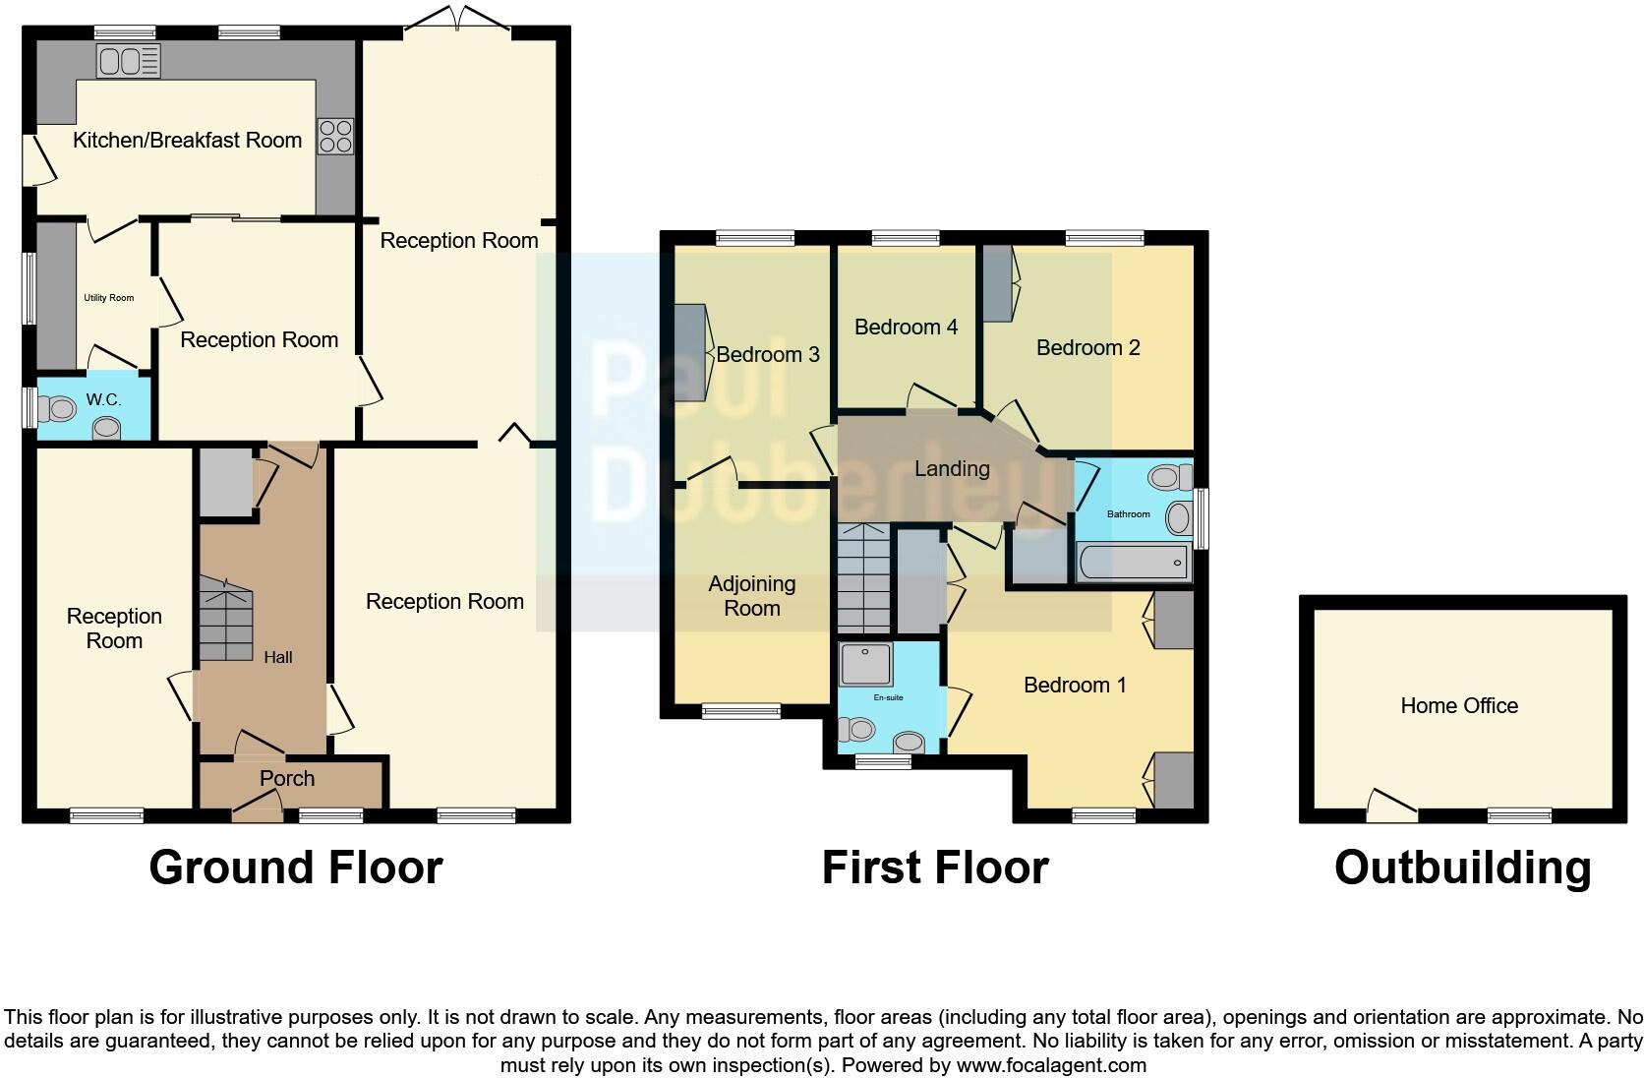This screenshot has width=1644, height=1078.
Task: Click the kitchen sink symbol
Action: (x=128, y=61)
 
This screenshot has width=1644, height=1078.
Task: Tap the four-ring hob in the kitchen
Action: (x=335, y=136)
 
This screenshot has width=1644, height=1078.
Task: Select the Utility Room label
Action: (x=108, y=298)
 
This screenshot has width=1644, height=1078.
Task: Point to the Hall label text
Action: (x=277, y=657)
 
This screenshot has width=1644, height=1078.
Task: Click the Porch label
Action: (x=287, y=778)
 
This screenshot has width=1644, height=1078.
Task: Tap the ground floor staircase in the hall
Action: (x=226, y=620)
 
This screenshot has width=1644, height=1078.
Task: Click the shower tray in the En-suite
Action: (x=866, y=664)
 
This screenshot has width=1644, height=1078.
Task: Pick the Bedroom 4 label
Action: (x=906, y=327)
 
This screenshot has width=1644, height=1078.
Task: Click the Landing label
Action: (x=951, y=468)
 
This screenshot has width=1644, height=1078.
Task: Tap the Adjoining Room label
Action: (x=752, y=596)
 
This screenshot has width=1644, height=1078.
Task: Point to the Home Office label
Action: (x=1458, y=705)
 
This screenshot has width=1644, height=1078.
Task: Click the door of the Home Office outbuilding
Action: (x=1390, y=806)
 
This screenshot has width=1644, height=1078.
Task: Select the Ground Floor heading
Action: (x=295, y=868)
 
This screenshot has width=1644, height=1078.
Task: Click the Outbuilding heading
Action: (x=1462, y=868)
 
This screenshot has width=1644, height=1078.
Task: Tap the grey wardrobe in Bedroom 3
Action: (x=689, y=352)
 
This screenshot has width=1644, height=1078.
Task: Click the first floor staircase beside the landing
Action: (x=863, y=578)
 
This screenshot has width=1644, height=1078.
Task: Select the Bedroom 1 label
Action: (x=1075, y=685)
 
